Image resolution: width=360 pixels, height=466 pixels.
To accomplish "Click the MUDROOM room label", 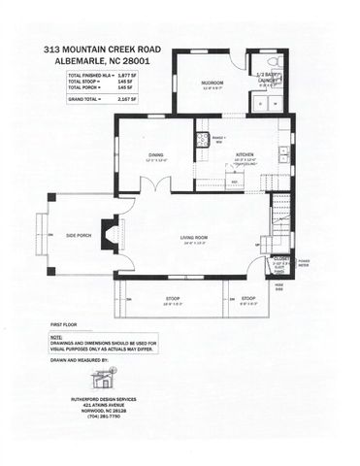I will [x=213, y=83].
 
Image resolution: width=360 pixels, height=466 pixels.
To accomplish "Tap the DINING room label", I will [x=155, y=153].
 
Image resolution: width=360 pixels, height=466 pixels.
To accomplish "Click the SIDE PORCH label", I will [x=79, y=235].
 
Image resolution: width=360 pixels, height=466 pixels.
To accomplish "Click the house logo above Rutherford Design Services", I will [x=99, y=379].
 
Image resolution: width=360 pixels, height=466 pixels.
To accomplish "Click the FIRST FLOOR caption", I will [x=62, y=323].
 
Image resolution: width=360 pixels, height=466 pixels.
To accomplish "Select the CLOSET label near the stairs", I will [x=280, y=257].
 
